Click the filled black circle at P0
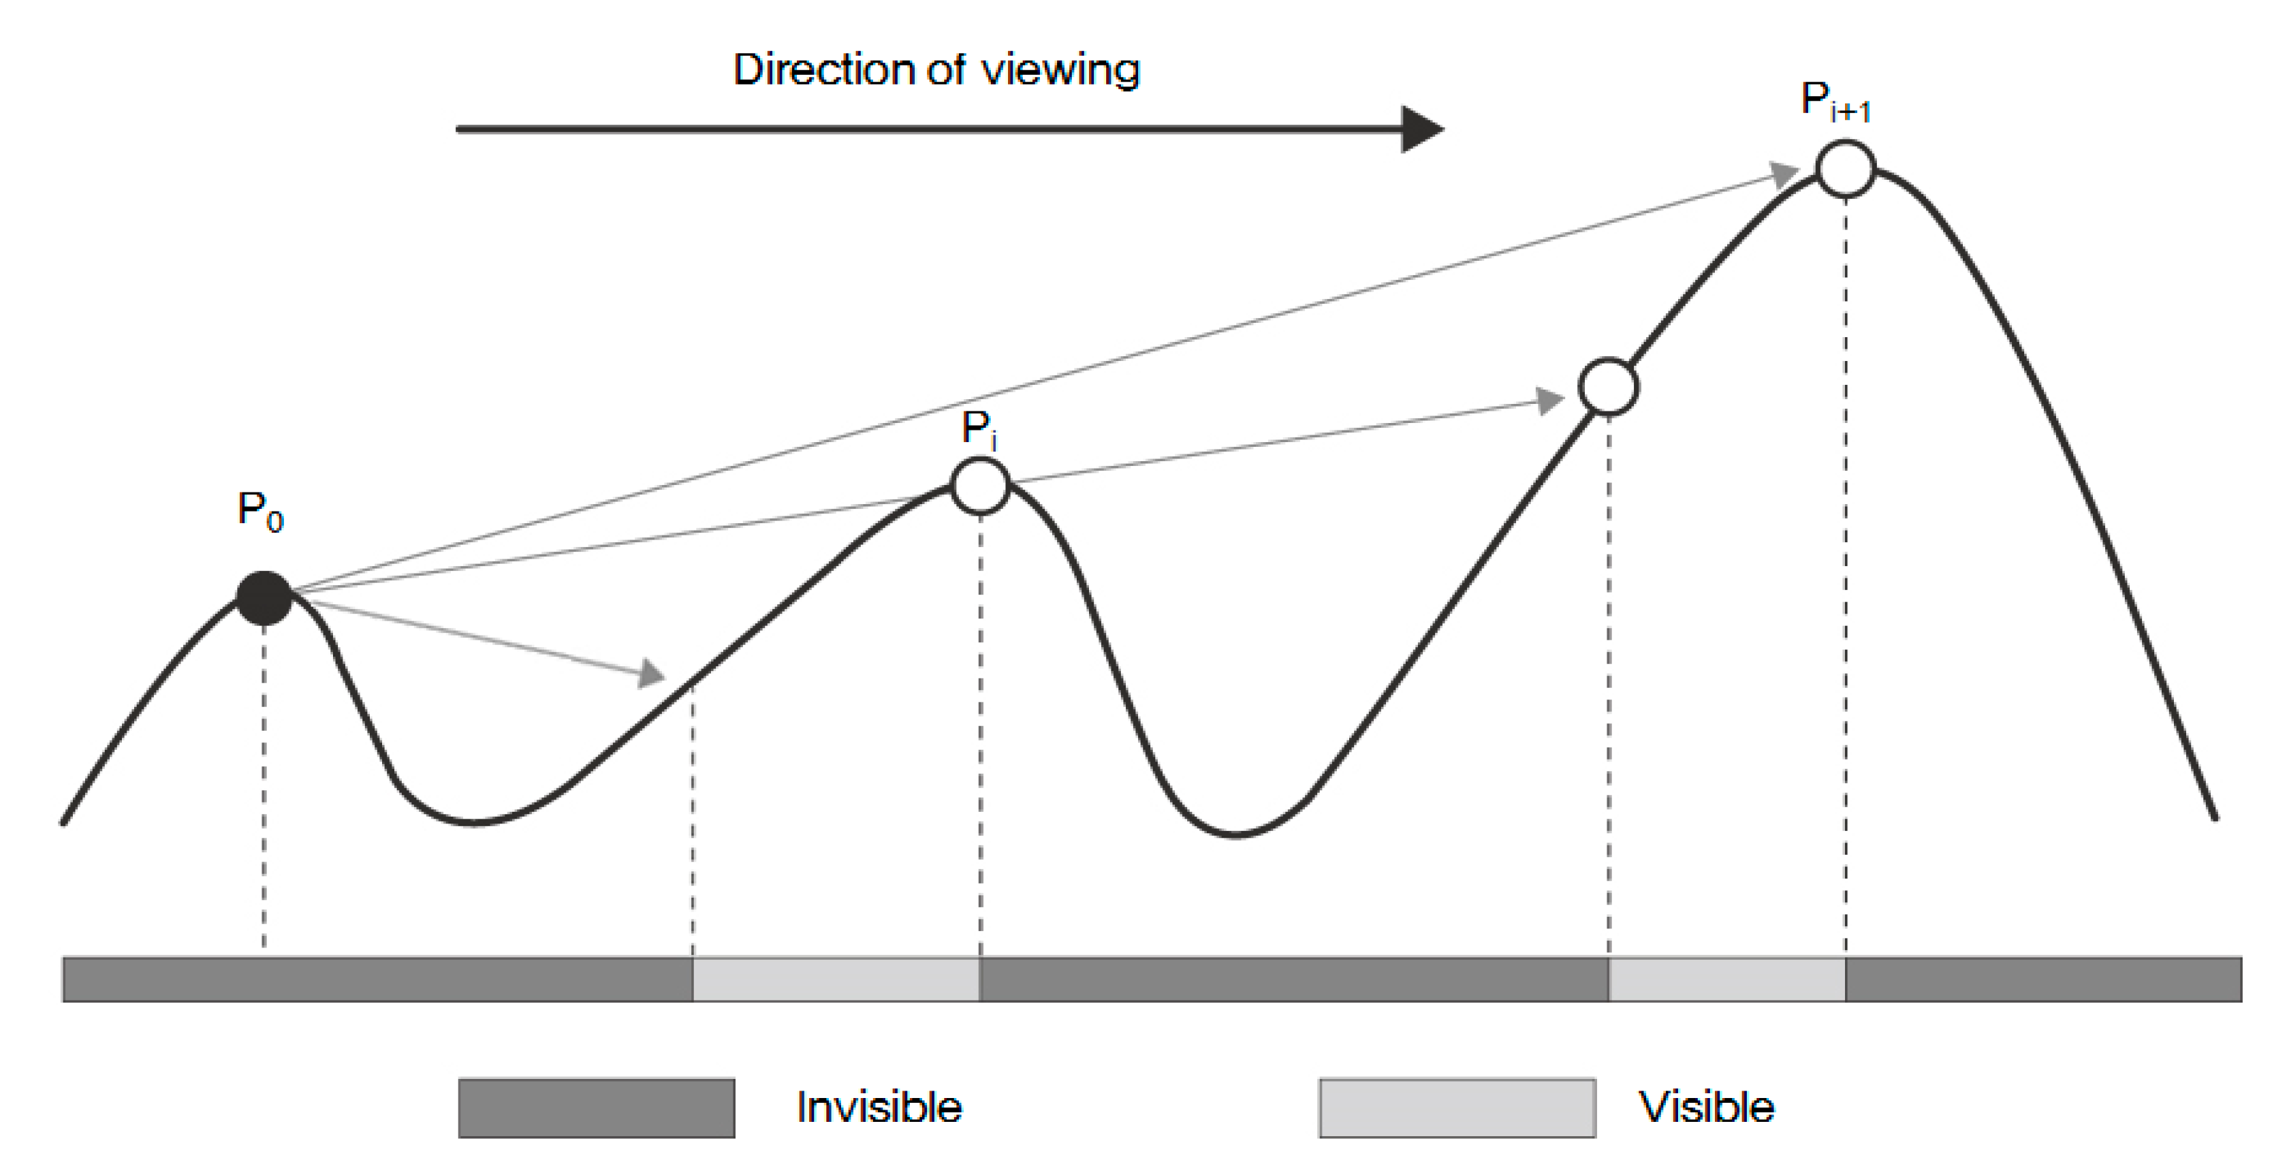click(264, 598)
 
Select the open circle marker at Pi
click(980, 485)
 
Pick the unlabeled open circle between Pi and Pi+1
click(1609, 386)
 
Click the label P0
click(260, 512)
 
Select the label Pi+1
click(1835, 102)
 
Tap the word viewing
click(1060, 71)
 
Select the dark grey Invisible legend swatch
click(596, 1108)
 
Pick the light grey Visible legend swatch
click(1457, 1108)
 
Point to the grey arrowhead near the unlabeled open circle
click(1549, 401)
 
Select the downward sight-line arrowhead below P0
click(652, 675)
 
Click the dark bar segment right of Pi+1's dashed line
click(2042, 979)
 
